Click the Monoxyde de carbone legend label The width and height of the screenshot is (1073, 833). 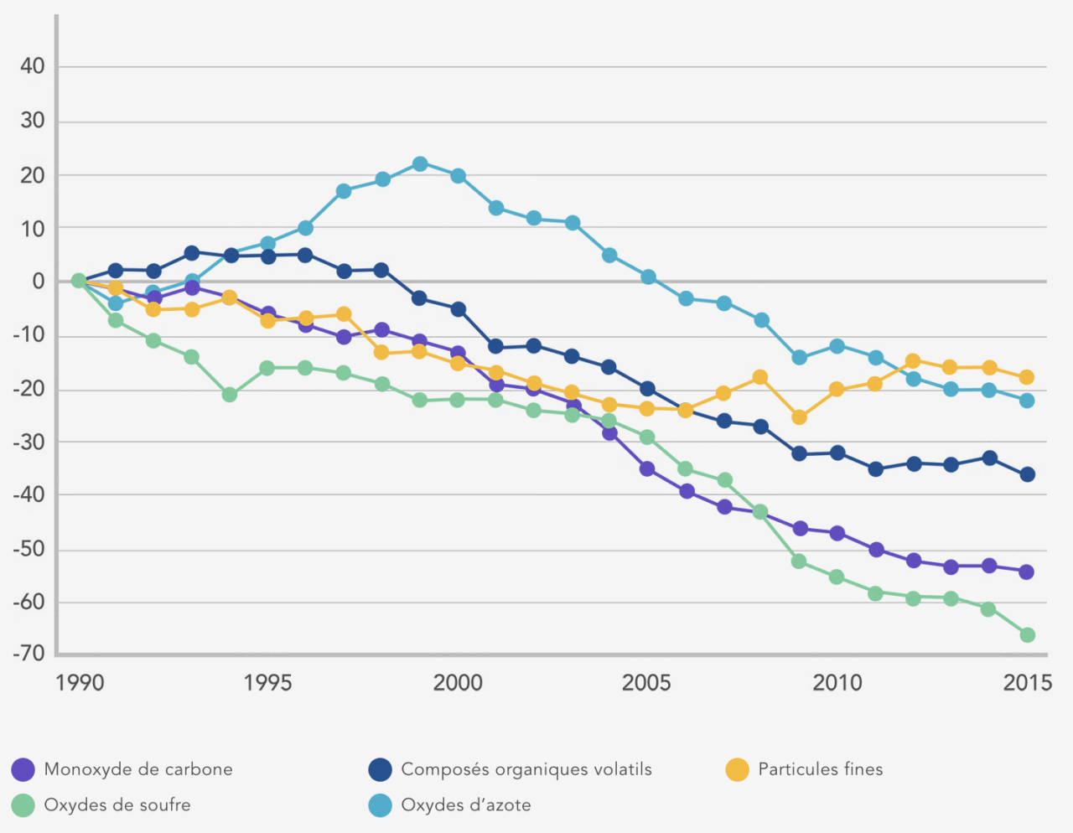tap(138, 769)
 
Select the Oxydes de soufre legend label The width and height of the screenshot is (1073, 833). tap(117, 805)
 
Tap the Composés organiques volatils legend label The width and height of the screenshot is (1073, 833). tap(526, 769)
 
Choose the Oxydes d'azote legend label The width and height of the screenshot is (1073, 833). tap(466, 805)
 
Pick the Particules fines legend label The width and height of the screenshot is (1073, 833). tap(821, 769)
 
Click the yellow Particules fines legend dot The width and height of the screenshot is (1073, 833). tap(737, 769)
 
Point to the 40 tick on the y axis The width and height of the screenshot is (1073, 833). tap(33, 66)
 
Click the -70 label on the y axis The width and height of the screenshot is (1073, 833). tap(29, 654)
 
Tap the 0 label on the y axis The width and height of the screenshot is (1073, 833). tap(39, 282)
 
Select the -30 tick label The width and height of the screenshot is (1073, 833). tap(29, 442)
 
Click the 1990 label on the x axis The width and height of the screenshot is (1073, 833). tap(80, 683)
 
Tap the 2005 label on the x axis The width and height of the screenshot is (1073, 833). tap(646, 683)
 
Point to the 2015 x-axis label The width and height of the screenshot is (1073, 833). tap(1027, 683)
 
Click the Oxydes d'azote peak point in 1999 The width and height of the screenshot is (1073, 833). tap(420, 163)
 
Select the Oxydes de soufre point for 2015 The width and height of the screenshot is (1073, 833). tap(1027, 635)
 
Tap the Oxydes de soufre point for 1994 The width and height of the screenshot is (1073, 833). tap(230, 394)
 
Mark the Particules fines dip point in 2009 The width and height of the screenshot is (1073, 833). tap(799, 416)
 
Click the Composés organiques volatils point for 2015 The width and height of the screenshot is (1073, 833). tap(1027, 474)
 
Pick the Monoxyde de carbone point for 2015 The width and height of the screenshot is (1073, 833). tap(1026, 572)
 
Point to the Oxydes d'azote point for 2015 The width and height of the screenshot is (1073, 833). tap(1027, 401)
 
